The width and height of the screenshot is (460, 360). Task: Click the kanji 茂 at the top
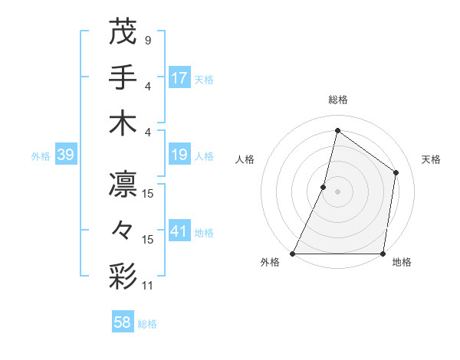123,31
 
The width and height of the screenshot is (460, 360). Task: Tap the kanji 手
123,77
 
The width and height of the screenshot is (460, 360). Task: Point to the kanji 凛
123,185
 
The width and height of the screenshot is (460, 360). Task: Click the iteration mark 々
123,231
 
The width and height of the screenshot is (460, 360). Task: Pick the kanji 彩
123,277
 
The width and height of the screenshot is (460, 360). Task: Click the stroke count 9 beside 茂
147,40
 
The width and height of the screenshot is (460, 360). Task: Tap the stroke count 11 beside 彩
149,286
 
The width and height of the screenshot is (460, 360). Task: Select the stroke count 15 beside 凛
149,194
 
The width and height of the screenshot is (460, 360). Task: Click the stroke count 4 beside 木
147,131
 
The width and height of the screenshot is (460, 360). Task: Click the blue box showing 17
179,77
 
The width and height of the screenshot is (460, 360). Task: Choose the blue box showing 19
179,155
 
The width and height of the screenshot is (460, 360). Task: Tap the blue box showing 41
179,231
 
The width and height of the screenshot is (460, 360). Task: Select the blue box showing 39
65,155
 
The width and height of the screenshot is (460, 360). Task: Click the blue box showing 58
123,322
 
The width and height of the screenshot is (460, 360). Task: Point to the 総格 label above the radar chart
337,100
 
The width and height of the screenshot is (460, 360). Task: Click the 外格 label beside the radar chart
270,263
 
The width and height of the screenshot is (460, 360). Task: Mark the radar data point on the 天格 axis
396,172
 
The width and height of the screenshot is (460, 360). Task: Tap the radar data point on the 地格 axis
383,254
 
